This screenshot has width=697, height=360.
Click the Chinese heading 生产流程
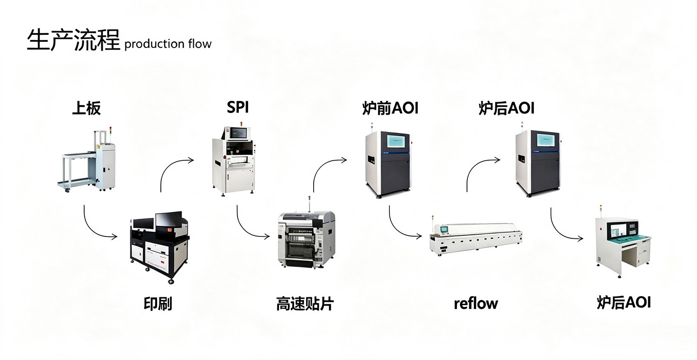pos(73,40)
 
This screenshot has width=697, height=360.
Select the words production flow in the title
pos(168,44)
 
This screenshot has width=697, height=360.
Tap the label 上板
pos(86,108)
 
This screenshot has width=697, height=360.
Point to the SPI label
pos(238,107)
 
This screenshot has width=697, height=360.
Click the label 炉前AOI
pos(390,108)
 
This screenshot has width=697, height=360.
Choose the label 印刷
pos(158,304)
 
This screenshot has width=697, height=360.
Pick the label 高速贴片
pos(305,304)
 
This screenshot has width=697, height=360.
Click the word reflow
pos(476,304)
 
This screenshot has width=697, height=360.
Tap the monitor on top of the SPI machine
pos(238,133)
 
